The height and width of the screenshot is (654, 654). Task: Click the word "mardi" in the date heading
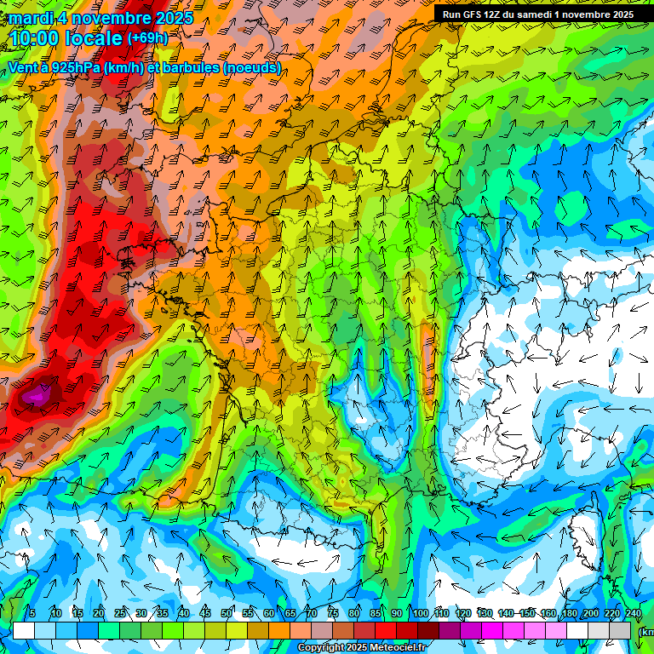tap(31, 18)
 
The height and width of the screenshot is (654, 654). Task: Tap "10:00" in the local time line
tap(36, 38)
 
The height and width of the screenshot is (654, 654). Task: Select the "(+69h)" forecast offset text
tap(147, 38)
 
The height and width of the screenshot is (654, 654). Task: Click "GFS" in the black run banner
tap(475, 14)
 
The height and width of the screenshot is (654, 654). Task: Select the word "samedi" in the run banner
tap(547, 14)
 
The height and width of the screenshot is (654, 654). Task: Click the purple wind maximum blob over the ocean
tap(37, 395)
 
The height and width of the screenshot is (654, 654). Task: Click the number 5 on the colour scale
tap(32, 613)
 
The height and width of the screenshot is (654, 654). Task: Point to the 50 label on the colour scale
tap(227, 613)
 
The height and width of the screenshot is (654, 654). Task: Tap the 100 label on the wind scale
tap(420, 613)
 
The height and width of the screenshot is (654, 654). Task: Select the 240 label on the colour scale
tap(633, 613)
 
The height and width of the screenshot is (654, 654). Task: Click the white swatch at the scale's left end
tap(24, 630)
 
